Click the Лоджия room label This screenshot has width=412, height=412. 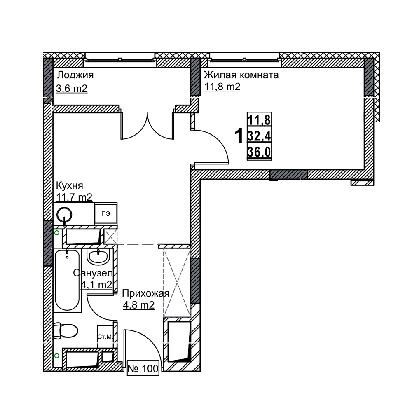tap(75, 75)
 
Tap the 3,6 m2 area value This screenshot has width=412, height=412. tap(72, 89)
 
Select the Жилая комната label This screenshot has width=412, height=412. tap(241, 75)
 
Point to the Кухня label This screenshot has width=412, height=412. tap(70, 185)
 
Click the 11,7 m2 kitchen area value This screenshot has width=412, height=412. tap(74, 197)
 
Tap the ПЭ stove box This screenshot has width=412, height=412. tap(106, 213)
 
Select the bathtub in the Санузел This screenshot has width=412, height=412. tap(67, 280)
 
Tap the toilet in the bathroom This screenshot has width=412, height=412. tap(66, 330)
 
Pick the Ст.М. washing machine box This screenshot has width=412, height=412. tap(105, 337)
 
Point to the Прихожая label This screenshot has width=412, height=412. tap(145, 293)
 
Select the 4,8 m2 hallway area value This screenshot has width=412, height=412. tap(139, 305)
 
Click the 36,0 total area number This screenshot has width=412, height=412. tap(259, 152)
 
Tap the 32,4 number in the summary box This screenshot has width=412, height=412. tap(259, 136)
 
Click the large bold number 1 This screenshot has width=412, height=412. tap(239, 136)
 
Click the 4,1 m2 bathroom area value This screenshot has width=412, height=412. tap(96, 284)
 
